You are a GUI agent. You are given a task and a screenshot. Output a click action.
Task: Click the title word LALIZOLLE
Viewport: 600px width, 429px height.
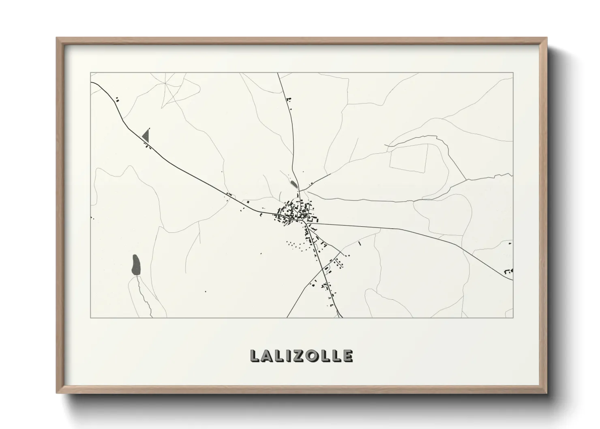[301, 356]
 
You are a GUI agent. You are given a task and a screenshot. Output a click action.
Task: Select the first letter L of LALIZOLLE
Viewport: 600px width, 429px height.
[255, 356]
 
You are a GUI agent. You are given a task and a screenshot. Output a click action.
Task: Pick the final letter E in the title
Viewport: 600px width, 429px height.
[348, 356]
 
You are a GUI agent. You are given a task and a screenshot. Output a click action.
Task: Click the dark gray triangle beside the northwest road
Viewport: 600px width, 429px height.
[146, 135]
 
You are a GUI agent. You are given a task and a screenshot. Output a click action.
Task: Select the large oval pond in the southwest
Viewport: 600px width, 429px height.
[136, 265]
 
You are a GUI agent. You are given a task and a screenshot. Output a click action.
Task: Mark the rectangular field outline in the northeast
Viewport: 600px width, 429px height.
[408, 157]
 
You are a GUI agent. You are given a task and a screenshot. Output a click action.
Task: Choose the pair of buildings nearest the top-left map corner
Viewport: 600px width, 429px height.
[118, 99]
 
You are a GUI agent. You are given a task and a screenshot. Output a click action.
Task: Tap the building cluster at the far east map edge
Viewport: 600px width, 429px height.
[508, 270]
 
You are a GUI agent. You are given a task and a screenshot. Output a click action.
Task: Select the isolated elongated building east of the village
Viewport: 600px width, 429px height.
[360, 243]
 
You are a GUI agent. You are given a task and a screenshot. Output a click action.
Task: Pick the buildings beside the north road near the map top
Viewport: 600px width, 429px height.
[289, 99]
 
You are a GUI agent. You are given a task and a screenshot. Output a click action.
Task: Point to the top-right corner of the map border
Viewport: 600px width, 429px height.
[513, 73]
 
